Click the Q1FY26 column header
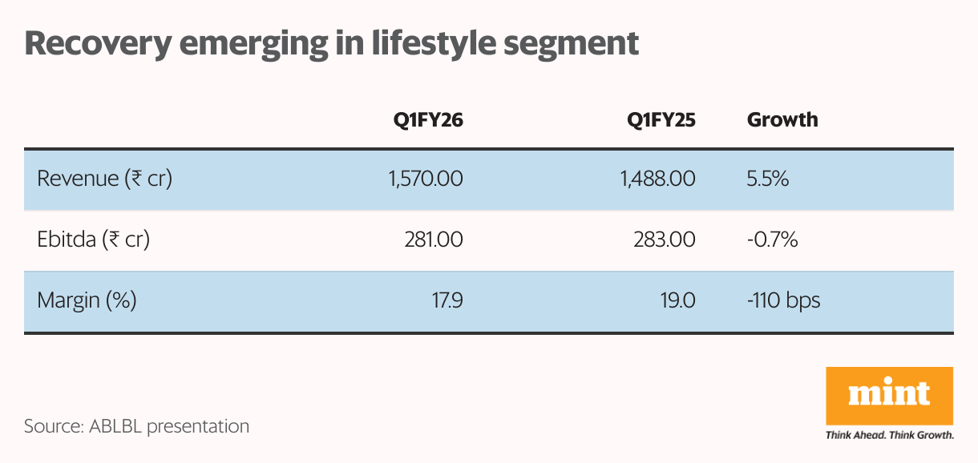[x=427, y=120]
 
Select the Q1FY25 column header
[x=661, y=120]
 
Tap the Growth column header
[x=782, y=120]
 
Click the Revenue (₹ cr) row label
[x=105, y=178]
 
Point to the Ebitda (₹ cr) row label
[x=94, y=239]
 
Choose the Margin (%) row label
[x=87, y=300]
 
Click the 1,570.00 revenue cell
[x=425, y=178]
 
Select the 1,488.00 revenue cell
[x=657, y=178]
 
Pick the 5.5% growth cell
[x=768, y=178]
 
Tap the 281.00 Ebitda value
[x=435, y=239]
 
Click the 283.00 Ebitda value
[x=667, y=239]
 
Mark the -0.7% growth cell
[x=772, y=239]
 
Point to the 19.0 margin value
[x=679, y=300]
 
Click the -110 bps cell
[x=783, y=300]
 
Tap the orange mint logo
[x=889, y=396]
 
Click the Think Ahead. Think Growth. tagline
[x=889, y=436]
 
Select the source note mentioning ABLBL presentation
[x=136, y=425]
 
